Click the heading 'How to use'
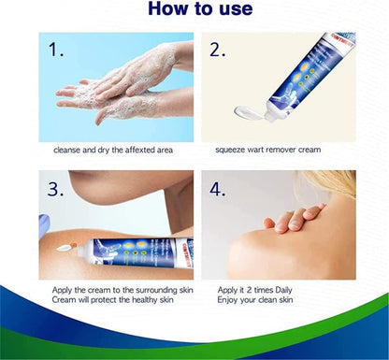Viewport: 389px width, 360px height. pos(194,9)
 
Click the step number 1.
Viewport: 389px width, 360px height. pos(58,50)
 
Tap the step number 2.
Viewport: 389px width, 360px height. pos(218,50)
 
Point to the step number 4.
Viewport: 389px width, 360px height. pos(218,189)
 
